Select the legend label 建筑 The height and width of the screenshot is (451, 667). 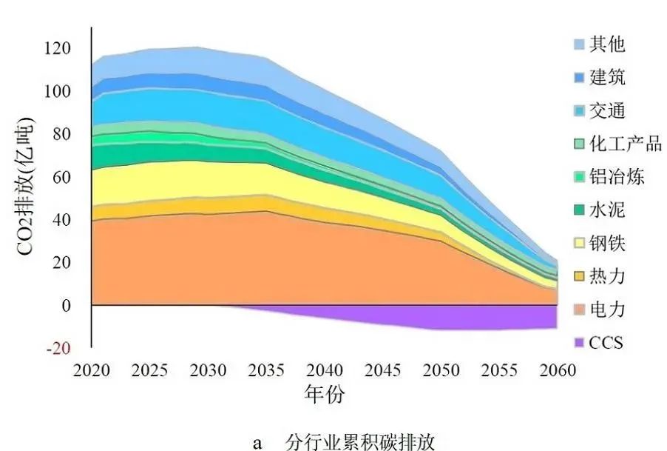[608, 78]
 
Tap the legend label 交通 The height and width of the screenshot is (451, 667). [608, 111]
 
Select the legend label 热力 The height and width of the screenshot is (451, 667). [608, 276]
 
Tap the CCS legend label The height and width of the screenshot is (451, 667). [606, 342]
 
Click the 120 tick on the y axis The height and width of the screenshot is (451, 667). [57, 49]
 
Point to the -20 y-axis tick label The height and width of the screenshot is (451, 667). [60, 349]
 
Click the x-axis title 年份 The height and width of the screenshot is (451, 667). [324, 395]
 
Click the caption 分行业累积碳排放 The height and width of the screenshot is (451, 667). [360, 442]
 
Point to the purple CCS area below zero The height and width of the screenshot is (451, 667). [458, 320]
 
